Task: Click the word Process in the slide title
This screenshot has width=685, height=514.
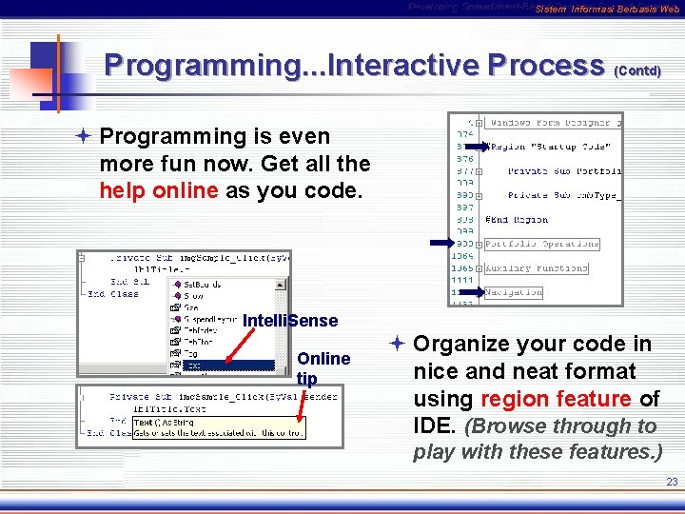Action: [544, 65]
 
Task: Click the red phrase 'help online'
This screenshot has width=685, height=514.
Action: [159, 189]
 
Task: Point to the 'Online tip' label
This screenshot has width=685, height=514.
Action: [323, 367]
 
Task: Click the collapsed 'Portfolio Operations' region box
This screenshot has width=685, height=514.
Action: [542, 244]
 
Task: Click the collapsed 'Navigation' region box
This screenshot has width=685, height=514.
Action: [514, 292]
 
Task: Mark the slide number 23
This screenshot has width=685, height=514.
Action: [672, 483]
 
